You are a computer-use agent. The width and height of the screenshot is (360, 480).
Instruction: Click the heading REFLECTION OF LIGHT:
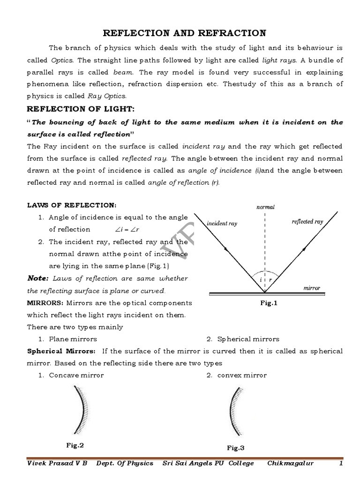pyautogui.click(x=80, y=109)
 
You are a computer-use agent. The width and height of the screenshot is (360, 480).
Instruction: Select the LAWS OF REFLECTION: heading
pyautogui.click(x=71, y=205)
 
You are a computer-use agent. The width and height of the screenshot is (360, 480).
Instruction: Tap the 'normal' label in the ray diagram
pyautogui.click(x=265, y=207)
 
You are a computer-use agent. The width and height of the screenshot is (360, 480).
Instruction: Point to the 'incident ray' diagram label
pyautogui.click(x=222, y=224)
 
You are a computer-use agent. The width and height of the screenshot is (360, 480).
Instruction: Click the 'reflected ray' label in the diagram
pyautogui.click(x=307, y=222)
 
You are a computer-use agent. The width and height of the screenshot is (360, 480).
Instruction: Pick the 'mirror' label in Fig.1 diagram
pyautogui.click(x=311, y=288)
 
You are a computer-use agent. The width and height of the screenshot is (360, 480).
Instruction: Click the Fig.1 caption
pyautogui.click(x=269, y=303)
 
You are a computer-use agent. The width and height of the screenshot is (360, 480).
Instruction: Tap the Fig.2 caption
pyautogui.click(x=75, y=445)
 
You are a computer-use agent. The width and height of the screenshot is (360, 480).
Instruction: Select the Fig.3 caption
pyautogui.click(x=236, y=448)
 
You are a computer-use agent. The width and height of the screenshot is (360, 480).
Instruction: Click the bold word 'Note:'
pyautogui.click(x=37, y=278)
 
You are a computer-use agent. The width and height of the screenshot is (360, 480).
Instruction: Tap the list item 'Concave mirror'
pyautogui.click(x=76, y=375)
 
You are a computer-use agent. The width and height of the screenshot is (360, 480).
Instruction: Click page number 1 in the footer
pyautogui.click(x=341, y=463)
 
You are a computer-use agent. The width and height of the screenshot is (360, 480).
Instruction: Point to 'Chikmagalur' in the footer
pyautogui.click(x=291, y=463)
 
